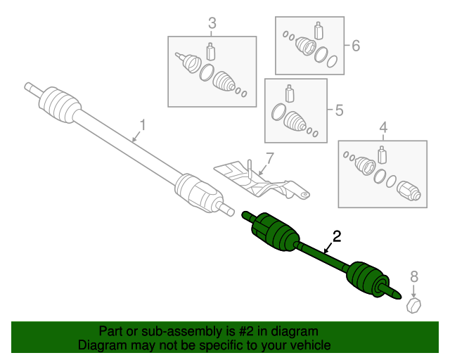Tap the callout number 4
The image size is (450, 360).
pyautogui.click(x=383, y=128)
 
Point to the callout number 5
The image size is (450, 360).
pyautogui.click(x=339, y=110)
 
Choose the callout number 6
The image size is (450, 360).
pyautogui.click(x=355, y=46)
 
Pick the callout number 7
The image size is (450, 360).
pyautogui.click(x=269, y=157)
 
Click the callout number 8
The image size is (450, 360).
pyautogui.click(x=413, y=276)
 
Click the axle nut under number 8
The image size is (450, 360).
pyautogui.click(x=414, y=304)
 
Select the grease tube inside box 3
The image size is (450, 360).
pyautogui.click(x=210, y=52)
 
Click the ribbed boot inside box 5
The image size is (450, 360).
pyautogui.click(x=295, y=121)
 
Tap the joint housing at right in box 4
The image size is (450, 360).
pyautogui.click(x=409, y=191)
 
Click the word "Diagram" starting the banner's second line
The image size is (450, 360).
pyautogui.click(x=101, y=345)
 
